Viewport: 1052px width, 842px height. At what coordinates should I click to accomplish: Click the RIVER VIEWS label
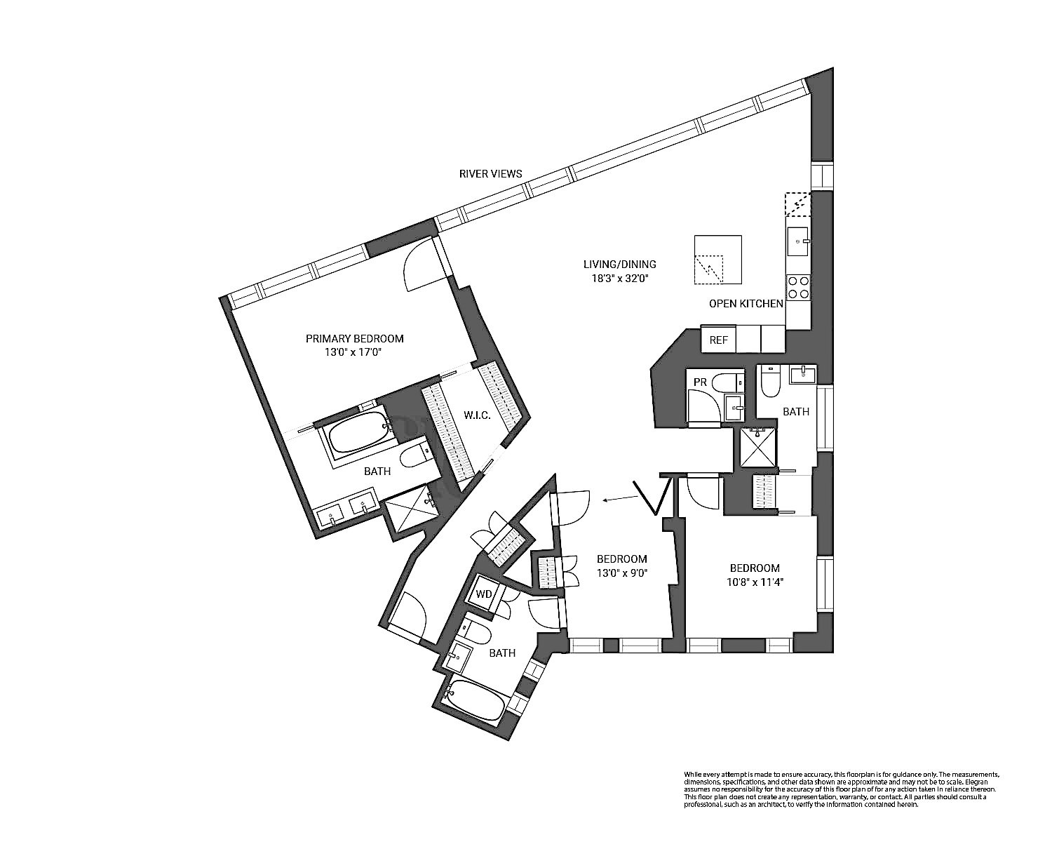[490, 173]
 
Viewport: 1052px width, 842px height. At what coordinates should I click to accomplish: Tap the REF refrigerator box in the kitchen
[719, 340]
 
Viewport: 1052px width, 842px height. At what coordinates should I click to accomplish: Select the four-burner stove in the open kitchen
[797, 286]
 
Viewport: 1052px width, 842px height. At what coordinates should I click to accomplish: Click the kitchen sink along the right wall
[798, 243]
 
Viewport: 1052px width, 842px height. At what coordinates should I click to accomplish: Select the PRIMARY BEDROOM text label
[354, 339]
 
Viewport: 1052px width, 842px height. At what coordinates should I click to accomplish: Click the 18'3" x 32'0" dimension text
[619, 277]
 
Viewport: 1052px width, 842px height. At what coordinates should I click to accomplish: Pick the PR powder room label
[699, 382]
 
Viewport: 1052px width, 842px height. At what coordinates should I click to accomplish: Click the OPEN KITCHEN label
[746, 304]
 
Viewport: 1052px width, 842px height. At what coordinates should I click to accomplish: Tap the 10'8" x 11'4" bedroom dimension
[755, 581]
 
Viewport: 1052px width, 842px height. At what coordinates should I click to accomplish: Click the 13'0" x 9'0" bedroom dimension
[621, 572]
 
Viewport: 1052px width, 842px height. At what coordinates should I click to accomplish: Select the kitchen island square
[717, 260]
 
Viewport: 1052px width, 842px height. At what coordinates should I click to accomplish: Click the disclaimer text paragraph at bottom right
[841, 789]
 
